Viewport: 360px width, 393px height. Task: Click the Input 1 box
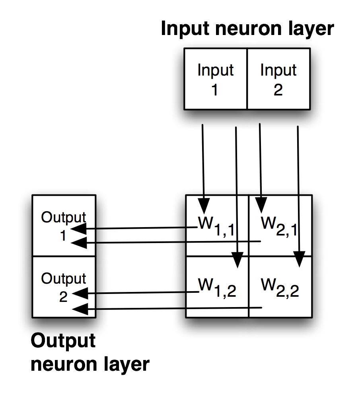click(215, 79)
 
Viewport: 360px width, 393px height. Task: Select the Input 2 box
click(278, 79)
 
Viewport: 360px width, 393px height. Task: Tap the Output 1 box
click(64, 226)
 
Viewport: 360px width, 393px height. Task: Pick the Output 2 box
click(64, 286)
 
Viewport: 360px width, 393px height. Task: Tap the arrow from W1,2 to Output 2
click(139, 294)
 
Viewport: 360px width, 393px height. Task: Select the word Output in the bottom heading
click(63, 341)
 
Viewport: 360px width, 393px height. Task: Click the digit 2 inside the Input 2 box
click(278, 90)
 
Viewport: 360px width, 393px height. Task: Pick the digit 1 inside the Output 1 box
click(63, 235)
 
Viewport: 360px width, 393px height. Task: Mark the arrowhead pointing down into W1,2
click(237, 261)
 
